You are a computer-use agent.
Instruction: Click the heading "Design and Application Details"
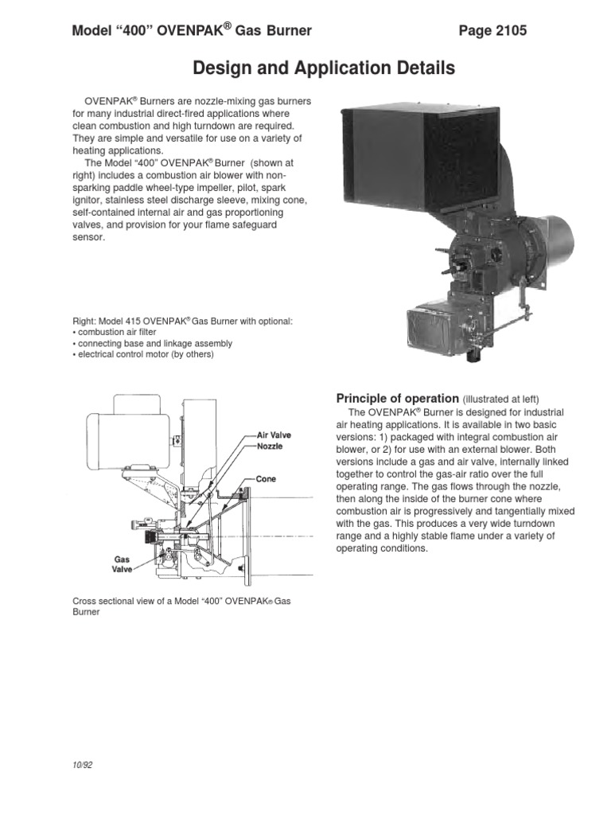tap(325, 69)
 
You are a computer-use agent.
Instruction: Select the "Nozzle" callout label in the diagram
tap(270, 447)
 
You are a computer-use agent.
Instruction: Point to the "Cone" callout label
tap(266, 480)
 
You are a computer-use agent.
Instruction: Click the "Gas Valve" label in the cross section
tap(121, 565)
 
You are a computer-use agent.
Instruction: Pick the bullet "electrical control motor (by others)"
tap(143, 354)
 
